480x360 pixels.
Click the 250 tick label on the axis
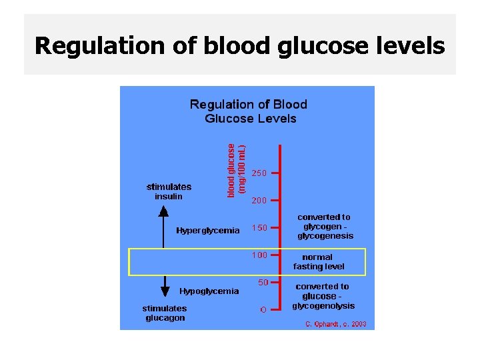[259, 173]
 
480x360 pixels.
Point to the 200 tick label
[259, 200]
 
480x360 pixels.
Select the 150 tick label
[259, 228]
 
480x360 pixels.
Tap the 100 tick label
[259, 255]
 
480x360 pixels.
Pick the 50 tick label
[263, 283]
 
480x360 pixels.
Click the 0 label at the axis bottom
[263, 309]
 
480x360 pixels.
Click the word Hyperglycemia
[207, 231]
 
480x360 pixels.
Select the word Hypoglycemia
[209, 291]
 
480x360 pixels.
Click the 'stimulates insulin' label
[169, 191]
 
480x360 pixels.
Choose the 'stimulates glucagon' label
[165, 313]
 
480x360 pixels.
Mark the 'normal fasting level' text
[318, 261]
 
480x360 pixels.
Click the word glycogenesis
[325, 236]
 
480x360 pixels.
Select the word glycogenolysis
[323, 306]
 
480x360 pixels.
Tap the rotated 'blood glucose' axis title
[231, 170]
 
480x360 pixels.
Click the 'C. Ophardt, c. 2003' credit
[335, 324]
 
